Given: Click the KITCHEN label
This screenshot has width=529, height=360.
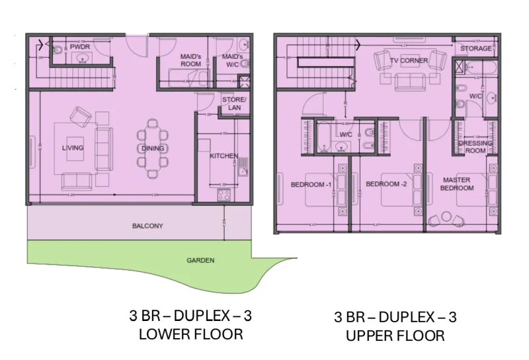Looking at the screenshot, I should (224, 156).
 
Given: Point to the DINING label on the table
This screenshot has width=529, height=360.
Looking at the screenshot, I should (153, 148).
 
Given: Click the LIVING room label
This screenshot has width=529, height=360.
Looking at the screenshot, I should (73, 148).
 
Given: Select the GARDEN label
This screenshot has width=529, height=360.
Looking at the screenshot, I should (200, 261).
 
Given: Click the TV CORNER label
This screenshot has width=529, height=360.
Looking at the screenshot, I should (408, 61).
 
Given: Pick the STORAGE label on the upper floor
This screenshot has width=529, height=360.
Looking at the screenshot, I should (476, 48).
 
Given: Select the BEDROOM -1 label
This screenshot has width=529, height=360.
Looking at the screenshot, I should (311, 184).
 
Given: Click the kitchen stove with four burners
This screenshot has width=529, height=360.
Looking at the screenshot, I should (224, 195).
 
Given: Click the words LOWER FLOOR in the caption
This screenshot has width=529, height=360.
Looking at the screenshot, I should (190, 334).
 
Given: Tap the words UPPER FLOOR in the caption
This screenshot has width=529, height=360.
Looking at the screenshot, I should (395, 336).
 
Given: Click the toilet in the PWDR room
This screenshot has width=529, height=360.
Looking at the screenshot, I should (58, 50).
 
